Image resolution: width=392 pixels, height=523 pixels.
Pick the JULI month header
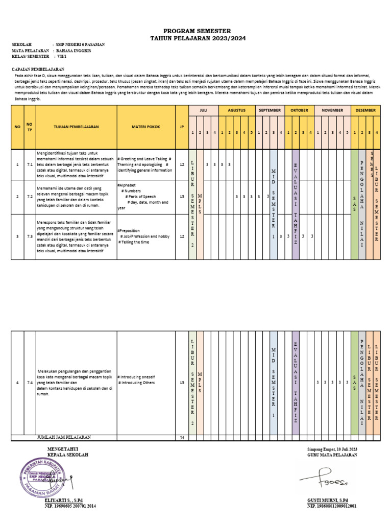[204, 110]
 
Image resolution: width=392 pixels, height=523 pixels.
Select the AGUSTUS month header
[237, 110]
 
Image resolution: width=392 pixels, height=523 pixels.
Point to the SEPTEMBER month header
[270, 110]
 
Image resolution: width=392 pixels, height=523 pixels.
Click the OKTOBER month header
[299, 110]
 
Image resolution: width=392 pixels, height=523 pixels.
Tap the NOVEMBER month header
[332, 110]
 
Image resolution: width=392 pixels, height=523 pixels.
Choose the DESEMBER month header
[365, 110]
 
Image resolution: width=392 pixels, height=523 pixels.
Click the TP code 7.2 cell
[30, 196]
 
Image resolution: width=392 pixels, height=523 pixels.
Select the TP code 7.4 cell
[30, 383]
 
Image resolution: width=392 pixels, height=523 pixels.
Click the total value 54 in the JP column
[182, 438]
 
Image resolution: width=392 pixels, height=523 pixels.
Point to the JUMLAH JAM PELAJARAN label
[64, 438]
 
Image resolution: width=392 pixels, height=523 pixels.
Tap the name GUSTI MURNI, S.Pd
[327, 500]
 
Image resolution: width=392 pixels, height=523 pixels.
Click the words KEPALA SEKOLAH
[67, 454]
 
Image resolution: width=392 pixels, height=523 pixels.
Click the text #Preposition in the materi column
[128, 230]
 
